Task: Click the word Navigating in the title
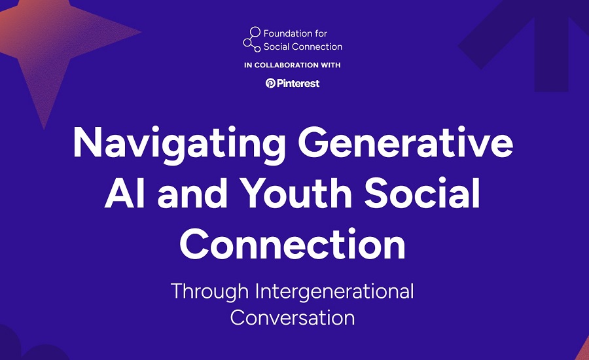179,145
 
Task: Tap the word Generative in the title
406,143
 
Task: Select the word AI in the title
125,193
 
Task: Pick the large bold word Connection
293,243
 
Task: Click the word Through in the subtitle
209,292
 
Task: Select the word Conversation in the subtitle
293,317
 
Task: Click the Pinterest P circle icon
270,83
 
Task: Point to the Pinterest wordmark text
298,83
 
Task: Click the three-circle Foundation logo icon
252,39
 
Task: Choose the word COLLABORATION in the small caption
287,65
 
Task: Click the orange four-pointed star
52,41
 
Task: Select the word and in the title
192,193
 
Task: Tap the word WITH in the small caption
330,65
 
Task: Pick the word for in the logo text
321,33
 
